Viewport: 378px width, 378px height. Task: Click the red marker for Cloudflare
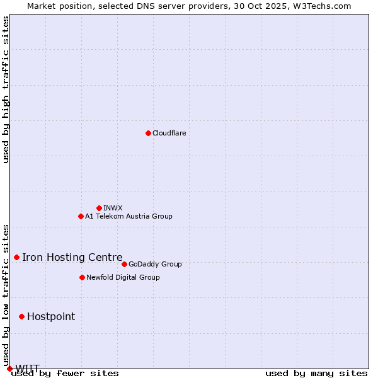[148, 133]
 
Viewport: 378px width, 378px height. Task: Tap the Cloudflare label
[169, 133]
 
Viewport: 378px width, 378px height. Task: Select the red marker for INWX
[99, 208]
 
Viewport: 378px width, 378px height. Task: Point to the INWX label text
[113, 208]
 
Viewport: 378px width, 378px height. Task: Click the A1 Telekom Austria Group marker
[81, 216]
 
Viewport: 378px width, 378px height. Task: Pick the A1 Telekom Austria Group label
[129, 216]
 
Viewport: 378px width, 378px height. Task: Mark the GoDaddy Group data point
[124, 264]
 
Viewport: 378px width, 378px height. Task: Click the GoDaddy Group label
[155, 264]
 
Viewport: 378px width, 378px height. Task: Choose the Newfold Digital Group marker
[82, 277]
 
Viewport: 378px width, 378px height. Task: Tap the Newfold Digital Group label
[123, 277]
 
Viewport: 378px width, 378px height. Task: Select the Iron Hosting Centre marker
[16, 257]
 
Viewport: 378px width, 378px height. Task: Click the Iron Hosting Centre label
[72, 257]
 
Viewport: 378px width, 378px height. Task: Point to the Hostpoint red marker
[21, 316]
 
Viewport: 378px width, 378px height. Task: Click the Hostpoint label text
[51, 316]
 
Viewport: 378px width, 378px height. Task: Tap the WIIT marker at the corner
[9, 369]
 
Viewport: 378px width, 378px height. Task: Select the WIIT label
[28, 368]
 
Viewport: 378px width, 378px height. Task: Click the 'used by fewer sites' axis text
[65, 374]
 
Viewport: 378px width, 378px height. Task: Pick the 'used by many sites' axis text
[316, 374]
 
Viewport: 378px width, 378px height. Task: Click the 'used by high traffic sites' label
[6, 89]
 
